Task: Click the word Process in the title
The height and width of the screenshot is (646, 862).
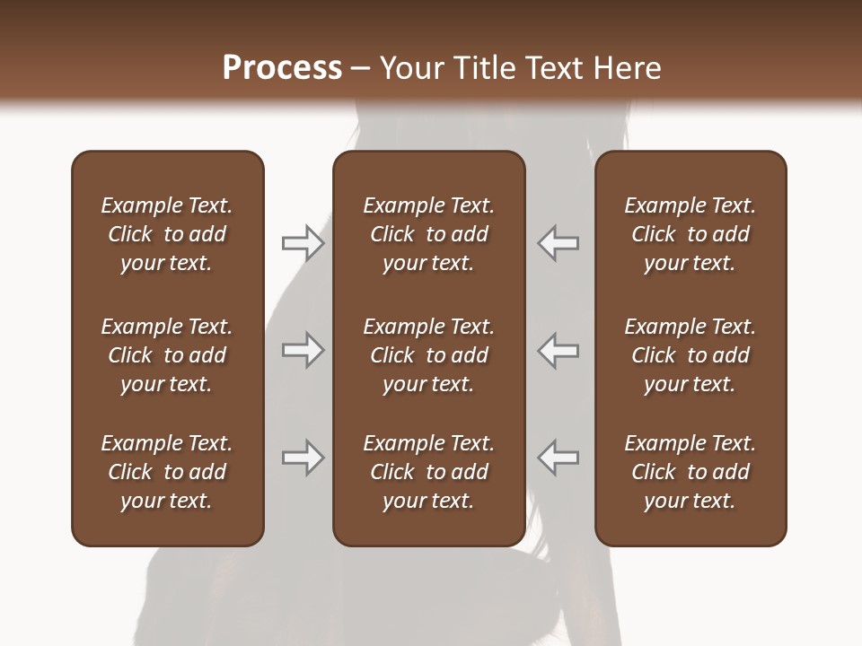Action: pyautogui.click(x=282, y=67)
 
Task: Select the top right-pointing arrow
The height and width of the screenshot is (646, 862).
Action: pyautogui.click(x=303, y=243)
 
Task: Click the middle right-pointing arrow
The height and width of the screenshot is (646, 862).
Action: pyautogui.click(x=303, y=351)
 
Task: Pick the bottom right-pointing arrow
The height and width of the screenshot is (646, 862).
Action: pyautogui.click(x=303, y=458)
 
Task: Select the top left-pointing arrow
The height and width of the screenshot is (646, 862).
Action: pyautogui.click(x=559, y=243)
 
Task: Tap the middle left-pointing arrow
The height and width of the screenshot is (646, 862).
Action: pyautogui.click(x=559, y=351)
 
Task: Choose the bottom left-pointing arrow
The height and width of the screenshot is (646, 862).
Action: pyautogui.click(x=559, y=458)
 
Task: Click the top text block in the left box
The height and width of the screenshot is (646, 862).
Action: pyautogui.click(x=167, y=234)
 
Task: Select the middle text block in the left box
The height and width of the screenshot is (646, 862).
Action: pyautogui.click(x=167, y=355)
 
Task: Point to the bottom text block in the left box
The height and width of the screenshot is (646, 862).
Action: pyautogui.click(x=167, y=472)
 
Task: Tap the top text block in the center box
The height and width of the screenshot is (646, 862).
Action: pyautogui.click(x=428, y=234)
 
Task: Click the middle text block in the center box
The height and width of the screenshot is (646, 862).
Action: pyautogui.click(x=428, y=355)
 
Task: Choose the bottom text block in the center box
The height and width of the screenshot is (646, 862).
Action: pyautogui.click(x=428, y=472)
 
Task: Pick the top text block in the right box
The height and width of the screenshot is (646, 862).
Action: pyautogui.click(x=690, y=234)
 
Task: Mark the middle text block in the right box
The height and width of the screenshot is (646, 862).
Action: pyautogui.click(x=690, y=355)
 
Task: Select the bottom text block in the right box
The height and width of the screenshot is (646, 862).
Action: pyautogui.click(x=690, y=472)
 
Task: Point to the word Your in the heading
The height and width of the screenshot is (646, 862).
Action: pyautogui.click(x=409, y=67)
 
